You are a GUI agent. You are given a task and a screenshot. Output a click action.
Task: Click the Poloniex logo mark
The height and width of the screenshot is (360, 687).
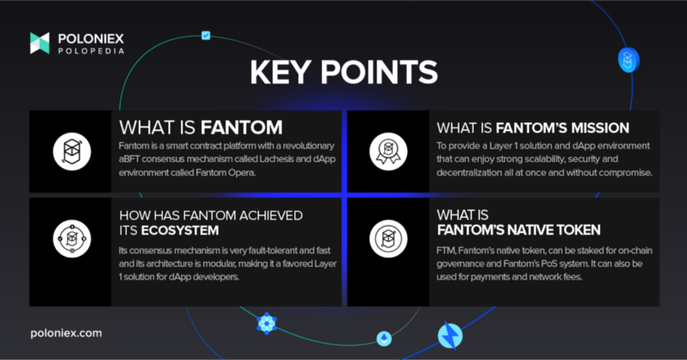point(40,43)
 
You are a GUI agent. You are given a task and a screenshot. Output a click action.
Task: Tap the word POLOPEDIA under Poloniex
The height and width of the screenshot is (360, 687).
point(91,52)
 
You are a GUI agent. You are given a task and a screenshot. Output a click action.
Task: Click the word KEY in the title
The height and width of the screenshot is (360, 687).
point(281,72)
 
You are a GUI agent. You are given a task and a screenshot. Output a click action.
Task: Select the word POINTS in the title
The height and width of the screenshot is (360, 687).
point(379,72)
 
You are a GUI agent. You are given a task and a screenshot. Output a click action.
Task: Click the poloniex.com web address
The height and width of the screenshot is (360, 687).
point(66,332)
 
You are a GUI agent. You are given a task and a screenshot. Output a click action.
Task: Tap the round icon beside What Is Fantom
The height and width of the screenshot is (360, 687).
point(71,152)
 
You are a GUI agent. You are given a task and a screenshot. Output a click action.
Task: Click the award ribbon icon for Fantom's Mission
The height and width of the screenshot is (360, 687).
point(388,152)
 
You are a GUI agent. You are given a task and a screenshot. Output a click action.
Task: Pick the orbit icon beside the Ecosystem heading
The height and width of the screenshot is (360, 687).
point(71,239)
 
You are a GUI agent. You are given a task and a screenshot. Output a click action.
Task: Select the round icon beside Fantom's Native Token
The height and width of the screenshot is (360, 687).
point(388,239)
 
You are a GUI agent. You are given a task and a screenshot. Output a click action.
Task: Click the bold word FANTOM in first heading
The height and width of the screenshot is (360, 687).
point(241,127)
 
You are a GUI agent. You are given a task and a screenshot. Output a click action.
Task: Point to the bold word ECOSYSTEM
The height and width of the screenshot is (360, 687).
point(180,231)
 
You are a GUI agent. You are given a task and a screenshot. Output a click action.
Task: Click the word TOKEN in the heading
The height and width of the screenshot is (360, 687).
point(579,230)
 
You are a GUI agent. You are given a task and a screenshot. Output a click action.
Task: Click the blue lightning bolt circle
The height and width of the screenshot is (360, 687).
point(450,336)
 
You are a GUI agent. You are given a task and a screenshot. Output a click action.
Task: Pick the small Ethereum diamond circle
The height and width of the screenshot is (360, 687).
point(384,338)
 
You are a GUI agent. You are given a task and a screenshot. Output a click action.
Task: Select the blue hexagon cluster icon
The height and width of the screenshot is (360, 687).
point(266,324)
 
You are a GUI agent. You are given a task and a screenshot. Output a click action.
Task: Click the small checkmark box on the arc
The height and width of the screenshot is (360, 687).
point(206,35)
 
